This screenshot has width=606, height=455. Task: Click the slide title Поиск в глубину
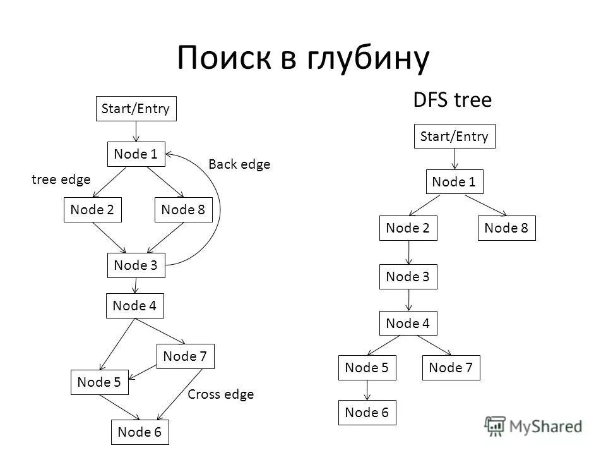(x=303, y=58)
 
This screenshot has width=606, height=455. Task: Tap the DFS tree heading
(x=452, y=100)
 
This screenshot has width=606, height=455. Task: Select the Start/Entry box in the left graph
(x=136, y=109)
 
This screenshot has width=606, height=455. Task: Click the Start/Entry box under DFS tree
(x=454, y=136)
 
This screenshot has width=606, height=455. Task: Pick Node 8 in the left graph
(x=184, y=210)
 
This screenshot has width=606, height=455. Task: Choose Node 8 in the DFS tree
(x=506, y=228)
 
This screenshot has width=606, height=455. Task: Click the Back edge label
(x=239, y=164)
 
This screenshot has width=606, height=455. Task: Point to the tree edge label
(x=61, y=179)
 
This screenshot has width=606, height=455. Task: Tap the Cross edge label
(x=221, y=394)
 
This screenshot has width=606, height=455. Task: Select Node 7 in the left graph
(x=186, y=356)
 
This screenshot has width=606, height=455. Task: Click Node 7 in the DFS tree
(x=451, y=368)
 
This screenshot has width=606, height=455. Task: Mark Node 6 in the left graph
(x=140, y=432)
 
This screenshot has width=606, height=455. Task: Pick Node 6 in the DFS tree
(x=367, y=413)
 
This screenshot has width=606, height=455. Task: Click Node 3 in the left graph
(x=136, y=265)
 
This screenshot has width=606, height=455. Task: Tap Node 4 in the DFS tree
(x=408, y=324)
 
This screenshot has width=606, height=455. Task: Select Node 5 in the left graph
(x=100, y=382)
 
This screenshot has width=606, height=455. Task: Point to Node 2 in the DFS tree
(x=408, y=228)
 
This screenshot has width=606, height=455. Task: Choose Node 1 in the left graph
(x=136, y=154)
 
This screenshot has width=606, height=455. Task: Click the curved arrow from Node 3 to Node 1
(x=218, y=209)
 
